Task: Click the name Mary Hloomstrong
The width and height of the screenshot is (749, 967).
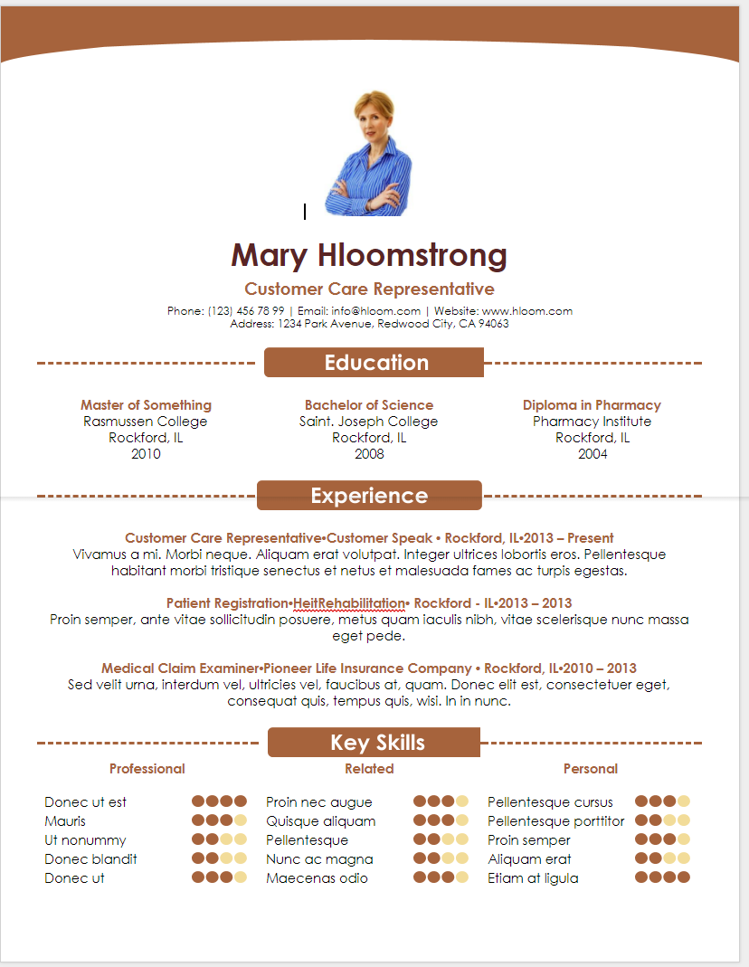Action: click(369, 256)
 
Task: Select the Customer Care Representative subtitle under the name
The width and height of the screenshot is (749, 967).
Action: click(369, 289)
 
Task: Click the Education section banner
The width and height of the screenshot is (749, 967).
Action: click(374, 363)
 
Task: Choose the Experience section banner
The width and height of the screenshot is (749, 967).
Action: click(369, 496)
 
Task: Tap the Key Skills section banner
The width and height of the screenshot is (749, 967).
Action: click(374, 743)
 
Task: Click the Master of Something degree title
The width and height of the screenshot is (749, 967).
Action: click(146, 405)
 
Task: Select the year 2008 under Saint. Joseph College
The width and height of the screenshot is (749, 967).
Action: click(369, 454)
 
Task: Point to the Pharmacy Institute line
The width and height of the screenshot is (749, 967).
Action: click(592, 422)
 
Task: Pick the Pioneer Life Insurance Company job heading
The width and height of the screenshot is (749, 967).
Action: click(369, 668)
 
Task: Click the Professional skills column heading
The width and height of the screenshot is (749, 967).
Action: click(147, 769)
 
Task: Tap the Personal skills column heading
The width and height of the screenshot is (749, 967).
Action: click(590, 769)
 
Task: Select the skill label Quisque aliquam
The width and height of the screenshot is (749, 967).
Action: click(320, 821)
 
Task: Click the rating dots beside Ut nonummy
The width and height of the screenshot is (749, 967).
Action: click(219, 840)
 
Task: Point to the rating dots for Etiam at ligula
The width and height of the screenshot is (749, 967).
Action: click(662, 878)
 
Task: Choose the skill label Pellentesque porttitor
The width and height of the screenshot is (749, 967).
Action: click(555, 821)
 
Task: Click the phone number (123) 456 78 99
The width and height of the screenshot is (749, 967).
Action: click(246, 311)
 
